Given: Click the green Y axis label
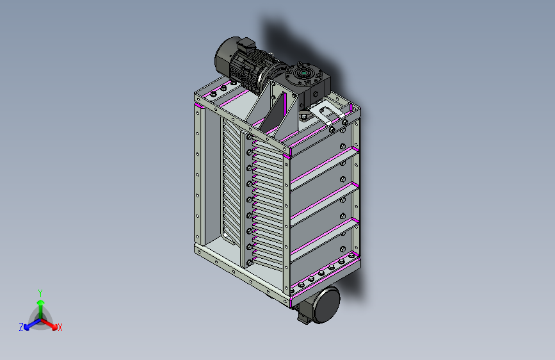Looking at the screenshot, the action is pos(40,293).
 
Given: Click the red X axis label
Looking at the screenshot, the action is pos(60,328).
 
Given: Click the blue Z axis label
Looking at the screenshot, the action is pos(21,327).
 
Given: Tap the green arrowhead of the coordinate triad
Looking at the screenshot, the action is pos(41,302).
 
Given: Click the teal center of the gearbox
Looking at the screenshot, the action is pos(304,73).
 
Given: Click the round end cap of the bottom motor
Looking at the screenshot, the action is pos(327,305).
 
